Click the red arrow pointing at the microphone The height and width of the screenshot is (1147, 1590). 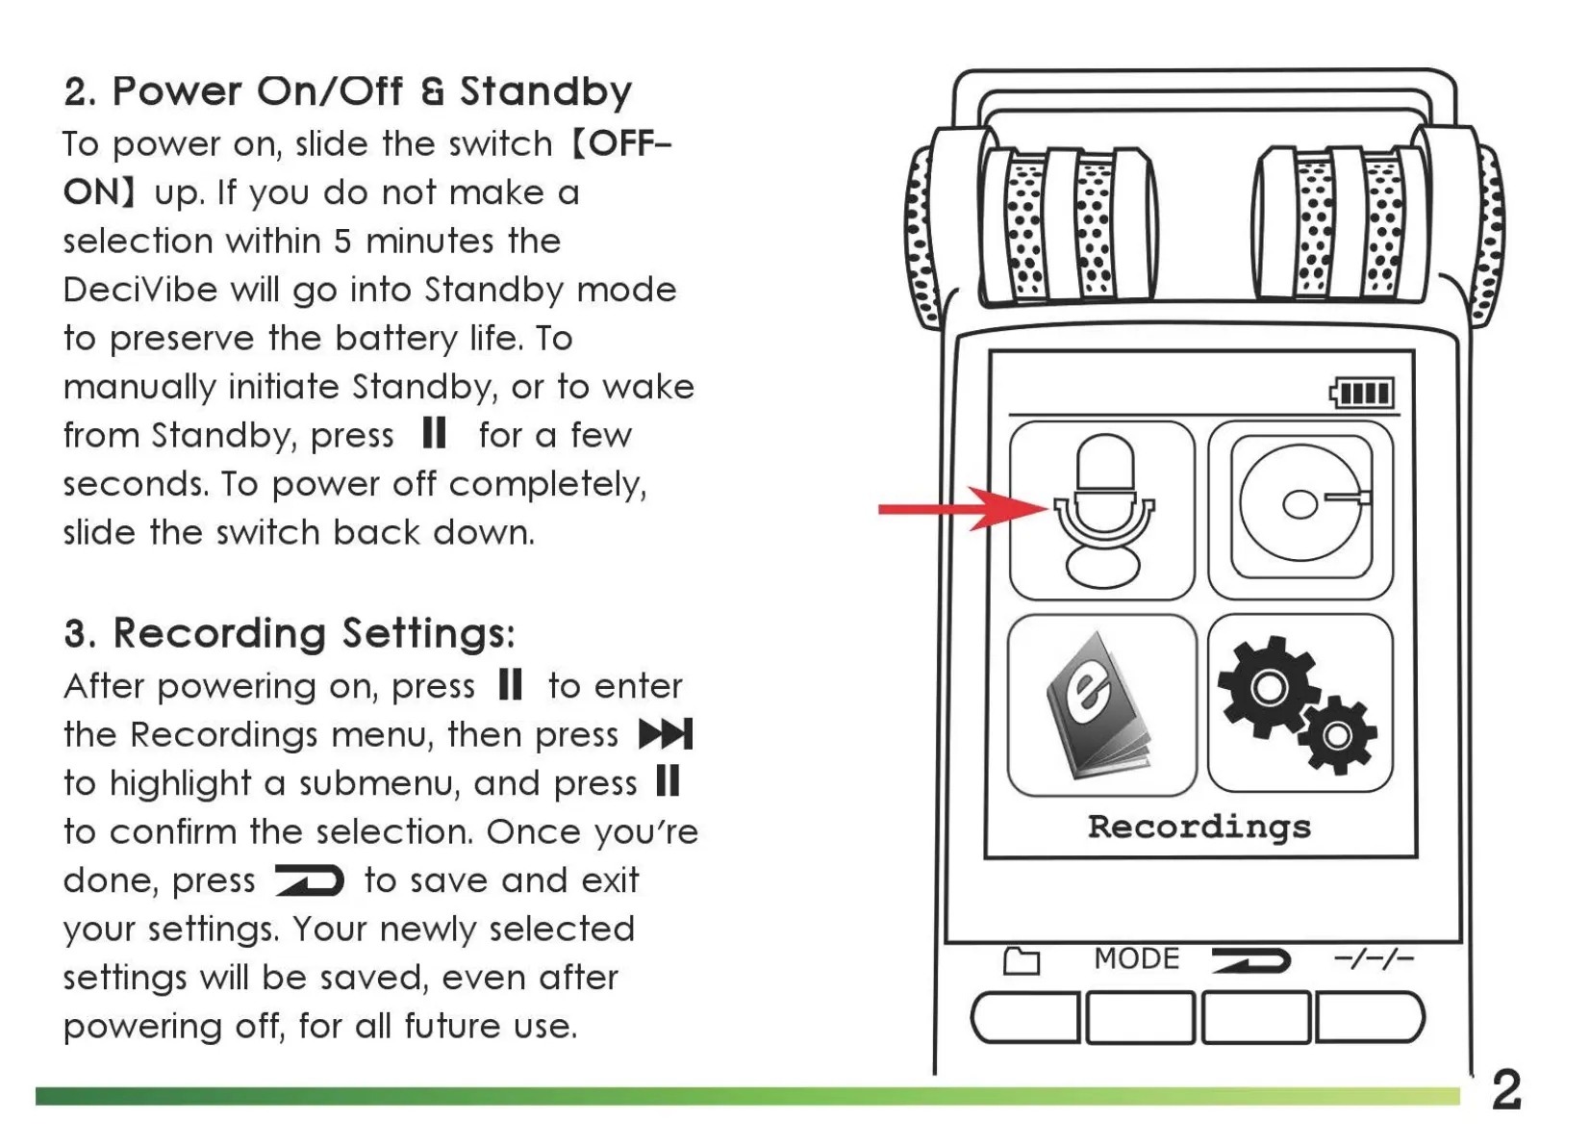[x=962, y=508]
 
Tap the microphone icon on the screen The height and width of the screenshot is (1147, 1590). [x=1102, y=510]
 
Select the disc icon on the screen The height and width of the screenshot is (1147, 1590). [x=1300, y=508]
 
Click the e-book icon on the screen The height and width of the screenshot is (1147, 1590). [x=1101, y=705]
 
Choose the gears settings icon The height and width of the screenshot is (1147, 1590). [x=1300, y=705]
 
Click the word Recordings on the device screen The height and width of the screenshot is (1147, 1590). [x=1199, y=827]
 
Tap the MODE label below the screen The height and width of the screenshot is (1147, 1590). [x=1136, y=958]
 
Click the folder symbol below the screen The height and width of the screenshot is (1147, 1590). [x=1021, y=960]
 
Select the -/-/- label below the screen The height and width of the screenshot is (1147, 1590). [x=1373, y=958]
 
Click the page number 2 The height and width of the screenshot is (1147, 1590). [x=1507, y=1089]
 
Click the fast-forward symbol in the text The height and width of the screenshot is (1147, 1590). [x=666, y=734]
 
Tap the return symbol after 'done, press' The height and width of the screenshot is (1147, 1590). [x=309, y=879]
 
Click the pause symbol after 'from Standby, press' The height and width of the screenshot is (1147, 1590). [x=435, y=433]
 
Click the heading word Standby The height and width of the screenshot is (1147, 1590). [x=545, y=91]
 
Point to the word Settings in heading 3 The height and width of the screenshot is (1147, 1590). [x=428, y=633]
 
